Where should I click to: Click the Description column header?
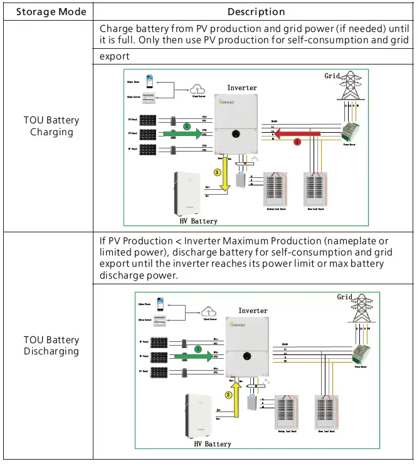coord(256,12)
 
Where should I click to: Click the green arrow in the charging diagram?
coord(183,133)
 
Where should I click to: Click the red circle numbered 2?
coord(297,142)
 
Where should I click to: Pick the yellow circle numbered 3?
coord(218,172)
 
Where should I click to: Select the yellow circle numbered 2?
coord(229,395)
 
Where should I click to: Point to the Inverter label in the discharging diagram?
coord(253,311)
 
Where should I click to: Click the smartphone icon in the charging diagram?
coord(149,81)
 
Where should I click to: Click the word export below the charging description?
coord(115,56)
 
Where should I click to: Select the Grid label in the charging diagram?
coord(333,76)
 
